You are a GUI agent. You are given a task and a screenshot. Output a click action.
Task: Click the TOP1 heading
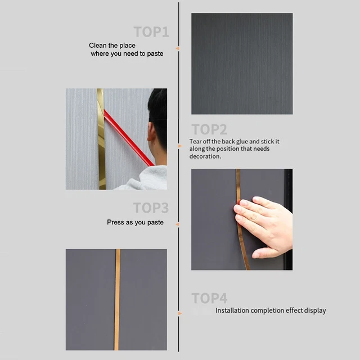point(151,31)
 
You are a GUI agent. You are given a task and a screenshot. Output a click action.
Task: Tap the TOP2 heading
point(209,129)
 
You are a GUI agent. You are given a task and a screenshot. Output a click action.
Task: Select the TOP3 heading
point(151,208)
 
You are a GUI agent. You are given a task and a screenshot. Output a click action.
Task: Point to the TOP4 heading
point(209,298)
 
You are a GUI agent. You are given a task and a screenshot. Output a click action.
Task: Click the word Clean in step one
point(98,46)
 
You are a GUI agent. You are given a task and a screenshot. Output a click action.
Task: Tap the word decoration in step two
point(205,156)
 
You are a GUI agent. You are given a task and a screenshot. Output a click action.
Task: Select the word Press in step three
point(115,222)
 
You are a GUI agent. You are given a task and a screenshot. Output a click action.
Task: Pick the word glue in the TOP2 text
point(242,142)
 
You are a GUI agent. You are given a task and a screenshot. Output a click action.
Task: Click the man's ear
point(151,132)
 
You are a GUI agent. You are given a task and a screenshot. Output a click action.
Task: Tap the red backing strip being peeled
point(129,138)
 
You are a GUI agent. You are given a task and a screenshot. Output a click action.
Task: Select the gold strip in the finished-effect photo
point(118,299)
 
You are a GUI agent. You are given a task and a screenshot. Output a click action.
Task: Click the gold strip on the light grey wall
point(101,139)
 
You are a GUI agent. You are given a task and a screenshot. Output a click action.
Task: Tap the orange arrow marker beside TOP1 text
point(177,48)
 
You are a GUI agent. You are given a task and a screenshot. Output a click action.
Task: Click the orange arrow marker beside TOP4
point(180,313)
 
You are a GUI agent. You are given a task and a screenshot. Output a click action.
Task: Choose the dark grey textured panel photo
point(242,64)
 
